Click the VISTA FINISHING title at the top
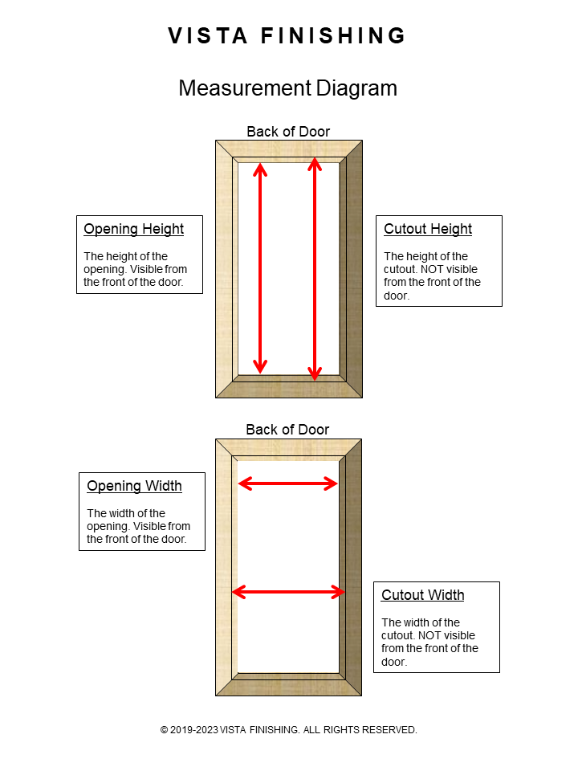point(287,36)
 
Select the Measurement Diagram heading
point(287,88)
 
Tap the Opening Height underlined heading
point(133,229)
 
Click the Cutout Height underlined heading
point(427,229)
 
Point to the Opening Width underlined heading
point(134,486)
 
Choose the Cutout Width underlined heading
point(422,595)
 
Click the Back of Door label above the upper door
point(288,132)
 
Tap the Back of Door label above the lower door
point(287,430)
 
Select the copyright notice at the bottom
point(288,730)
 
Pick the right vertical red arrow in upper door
point(315,269)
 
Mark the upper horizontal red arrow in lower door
point(288,483)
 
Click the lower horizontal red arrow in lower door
point(288,592)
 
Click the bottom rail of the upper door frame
point(288,386)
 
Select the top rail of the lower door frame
point(288,447)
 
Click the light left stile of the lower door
point(224,566)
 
